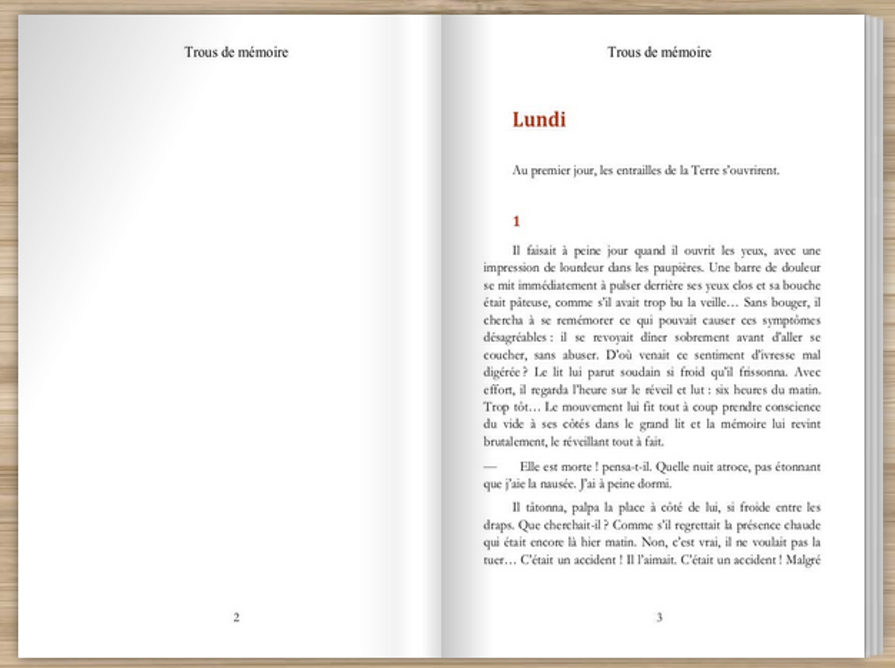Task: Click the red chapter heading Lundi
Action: point(539,120)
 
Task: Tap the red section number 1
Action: point(516,221)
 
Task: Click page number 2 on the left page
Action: point(236,617)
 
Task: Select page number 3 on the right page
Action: point(659,617)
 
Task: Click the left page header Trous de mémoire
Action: point(236,52)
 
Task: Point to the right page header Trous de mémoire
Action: point(659,52)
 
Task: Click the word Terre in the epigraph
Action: point(707,170)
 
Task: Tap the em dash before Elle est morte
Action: point(490,467)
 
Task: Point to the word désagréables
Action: point(507,338)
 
